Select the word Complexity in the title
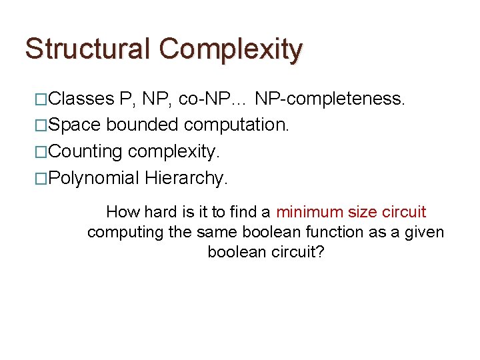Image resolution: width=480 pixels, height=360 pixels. tap(231, 50)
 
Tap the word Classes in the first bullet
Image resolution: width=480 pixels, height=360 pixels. tap(81, 99)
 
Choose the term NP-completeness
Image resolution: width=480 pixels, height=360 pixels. tap(331, 99)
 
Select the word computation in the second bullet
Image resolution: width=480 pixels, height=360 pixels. tap(237, 125)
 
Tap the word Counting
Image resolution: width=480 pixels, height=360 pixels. tap(85, 152)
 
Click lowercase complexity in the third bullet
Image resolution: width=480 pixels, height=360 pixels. tap(173, 152)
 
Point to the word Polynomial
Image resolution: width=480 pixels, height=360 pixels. tap(94, 178)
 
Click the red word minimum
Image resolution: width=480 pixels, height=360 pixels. tap(312, 213)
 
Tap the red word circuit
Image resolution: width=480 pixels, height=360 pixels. tap(405, 213)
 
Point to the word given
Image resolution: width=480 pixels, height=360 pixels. tap(424, 233)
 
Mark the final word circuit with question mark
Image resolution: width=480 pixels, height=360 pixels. tap(297, 253)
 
